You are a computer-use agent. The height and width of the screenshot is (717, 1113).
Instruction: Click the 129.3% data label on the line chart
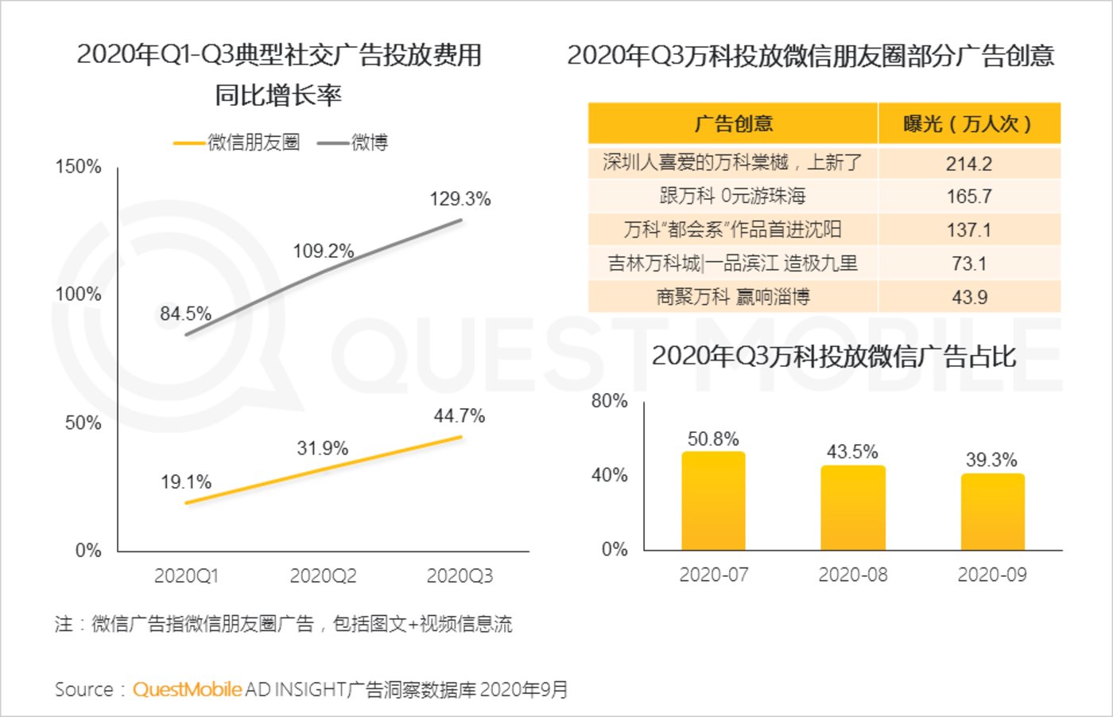pos(460,199)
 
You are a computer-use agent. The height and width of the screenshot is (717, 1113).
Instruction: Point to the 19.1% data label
pos(186,482)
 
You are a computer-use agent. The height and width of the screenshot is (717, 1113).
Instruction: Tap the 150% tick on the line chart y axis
pos(78,167)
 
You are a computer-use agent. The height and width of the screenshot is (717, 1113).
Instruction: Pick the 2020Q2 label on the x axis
pos(323,575)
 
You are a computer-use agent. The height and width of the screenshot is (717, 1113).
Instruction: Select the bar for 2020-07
pos(713,501)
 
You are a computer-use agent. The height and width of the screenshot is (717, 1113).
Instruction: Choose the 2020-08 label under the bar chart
pos(852,575)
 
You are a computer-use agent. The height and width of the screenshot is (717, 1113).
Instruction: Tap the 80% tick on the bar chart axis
pos(610,401)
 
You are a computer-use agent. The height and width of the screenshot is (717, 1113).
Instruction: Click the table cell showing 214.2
pos(968,164)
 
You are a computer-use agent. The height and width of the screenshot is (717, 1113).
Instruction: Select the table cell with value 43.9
pos(969,298)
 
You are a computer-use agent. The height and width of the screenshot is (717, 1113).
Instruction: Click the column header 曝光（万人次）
pos(968,124)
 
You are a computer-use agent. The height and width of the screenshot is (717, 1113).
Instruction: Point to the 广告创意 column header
pos(733,124)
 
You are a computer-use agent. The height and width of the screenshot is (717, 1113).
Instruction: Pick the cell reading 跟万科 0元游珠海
pos(732,196)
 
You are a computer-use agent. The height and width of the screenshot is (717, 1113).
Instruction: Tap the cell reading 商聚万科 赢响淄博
pos(732,298)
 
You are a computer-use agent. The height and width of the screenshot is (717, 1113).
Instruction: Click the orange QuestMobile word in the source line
pos(187,689)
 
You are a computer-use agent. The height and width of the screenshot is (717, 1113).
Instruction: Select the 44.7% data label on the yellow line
pos(459,416)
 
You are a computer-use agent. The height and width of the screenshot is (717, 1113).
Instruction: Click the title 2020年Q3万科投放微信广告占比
pos(833,356)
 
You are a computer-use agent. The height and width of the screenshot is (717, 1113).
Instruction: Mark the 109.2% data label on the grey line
pos(323,251)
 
